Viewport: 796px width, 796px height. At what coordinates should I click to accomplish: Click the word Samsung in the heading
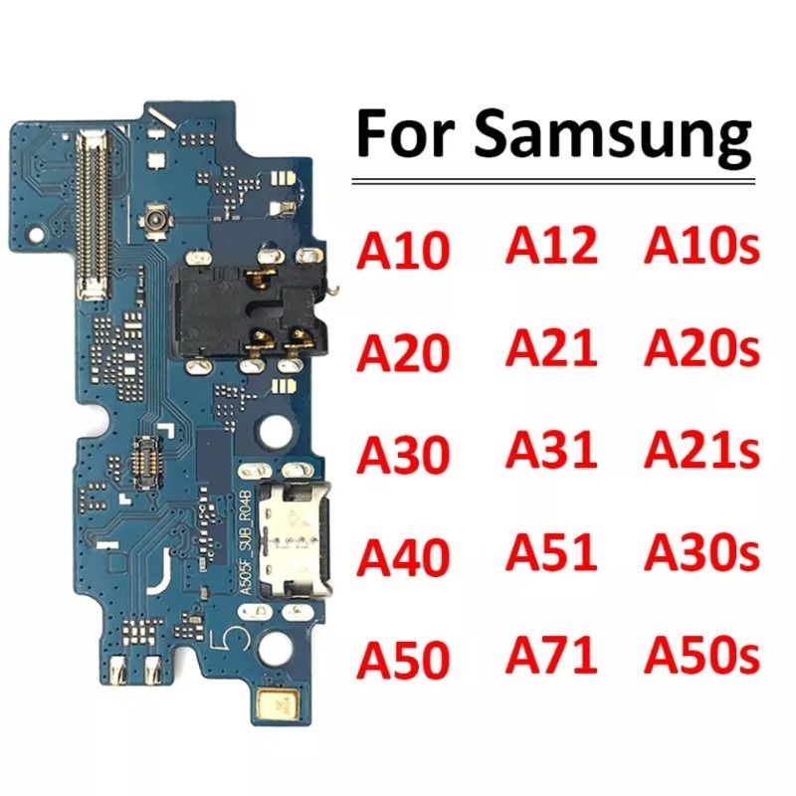point(613,135)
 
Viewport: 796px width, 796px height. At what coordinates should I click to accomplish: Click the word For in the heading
point(404,133)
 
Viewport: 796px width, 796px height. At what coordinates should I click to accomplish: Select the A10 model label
point(403,251)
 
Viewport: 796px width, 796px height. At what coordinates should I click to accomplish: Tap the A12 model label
point(551,245)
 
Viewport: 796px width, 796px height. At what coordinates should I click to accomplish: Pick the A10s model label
point(701,246)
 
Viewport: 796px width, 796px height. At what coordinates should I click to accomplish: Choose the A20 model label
point(403,352)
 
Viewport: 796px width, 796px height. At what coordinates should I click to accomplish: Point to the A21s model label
point(701,450)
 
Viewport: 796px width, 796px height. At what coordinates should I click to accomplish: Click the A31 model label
point(551,449)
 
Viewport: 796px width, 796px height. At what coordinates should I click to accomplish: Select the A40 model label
point(403,557)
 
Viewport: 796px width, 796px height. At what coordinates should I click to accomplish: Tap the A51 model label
point(551,551)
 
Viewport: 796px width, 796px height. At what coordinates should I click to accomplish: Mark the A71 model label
point(551,655)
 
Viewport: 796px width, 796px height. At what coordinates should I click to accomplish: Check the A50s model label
point(701,655)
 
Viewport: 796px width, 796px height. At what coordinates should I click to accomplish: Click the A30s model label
point(701,552)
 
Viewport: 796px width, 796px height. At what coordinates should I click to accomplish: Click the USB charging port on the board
point(295,541)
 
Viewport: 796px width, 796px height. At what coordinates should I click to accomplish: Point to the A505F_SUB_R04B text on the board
point(245,542)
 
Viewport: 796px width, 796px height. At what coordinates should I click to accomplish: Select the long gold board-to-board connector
point(93,214)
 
